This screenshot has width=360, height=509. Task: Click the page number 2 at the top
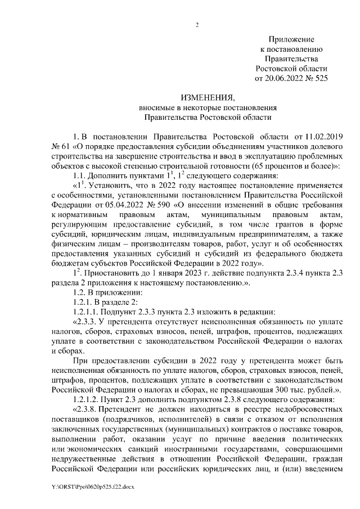tap(197, 24)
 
